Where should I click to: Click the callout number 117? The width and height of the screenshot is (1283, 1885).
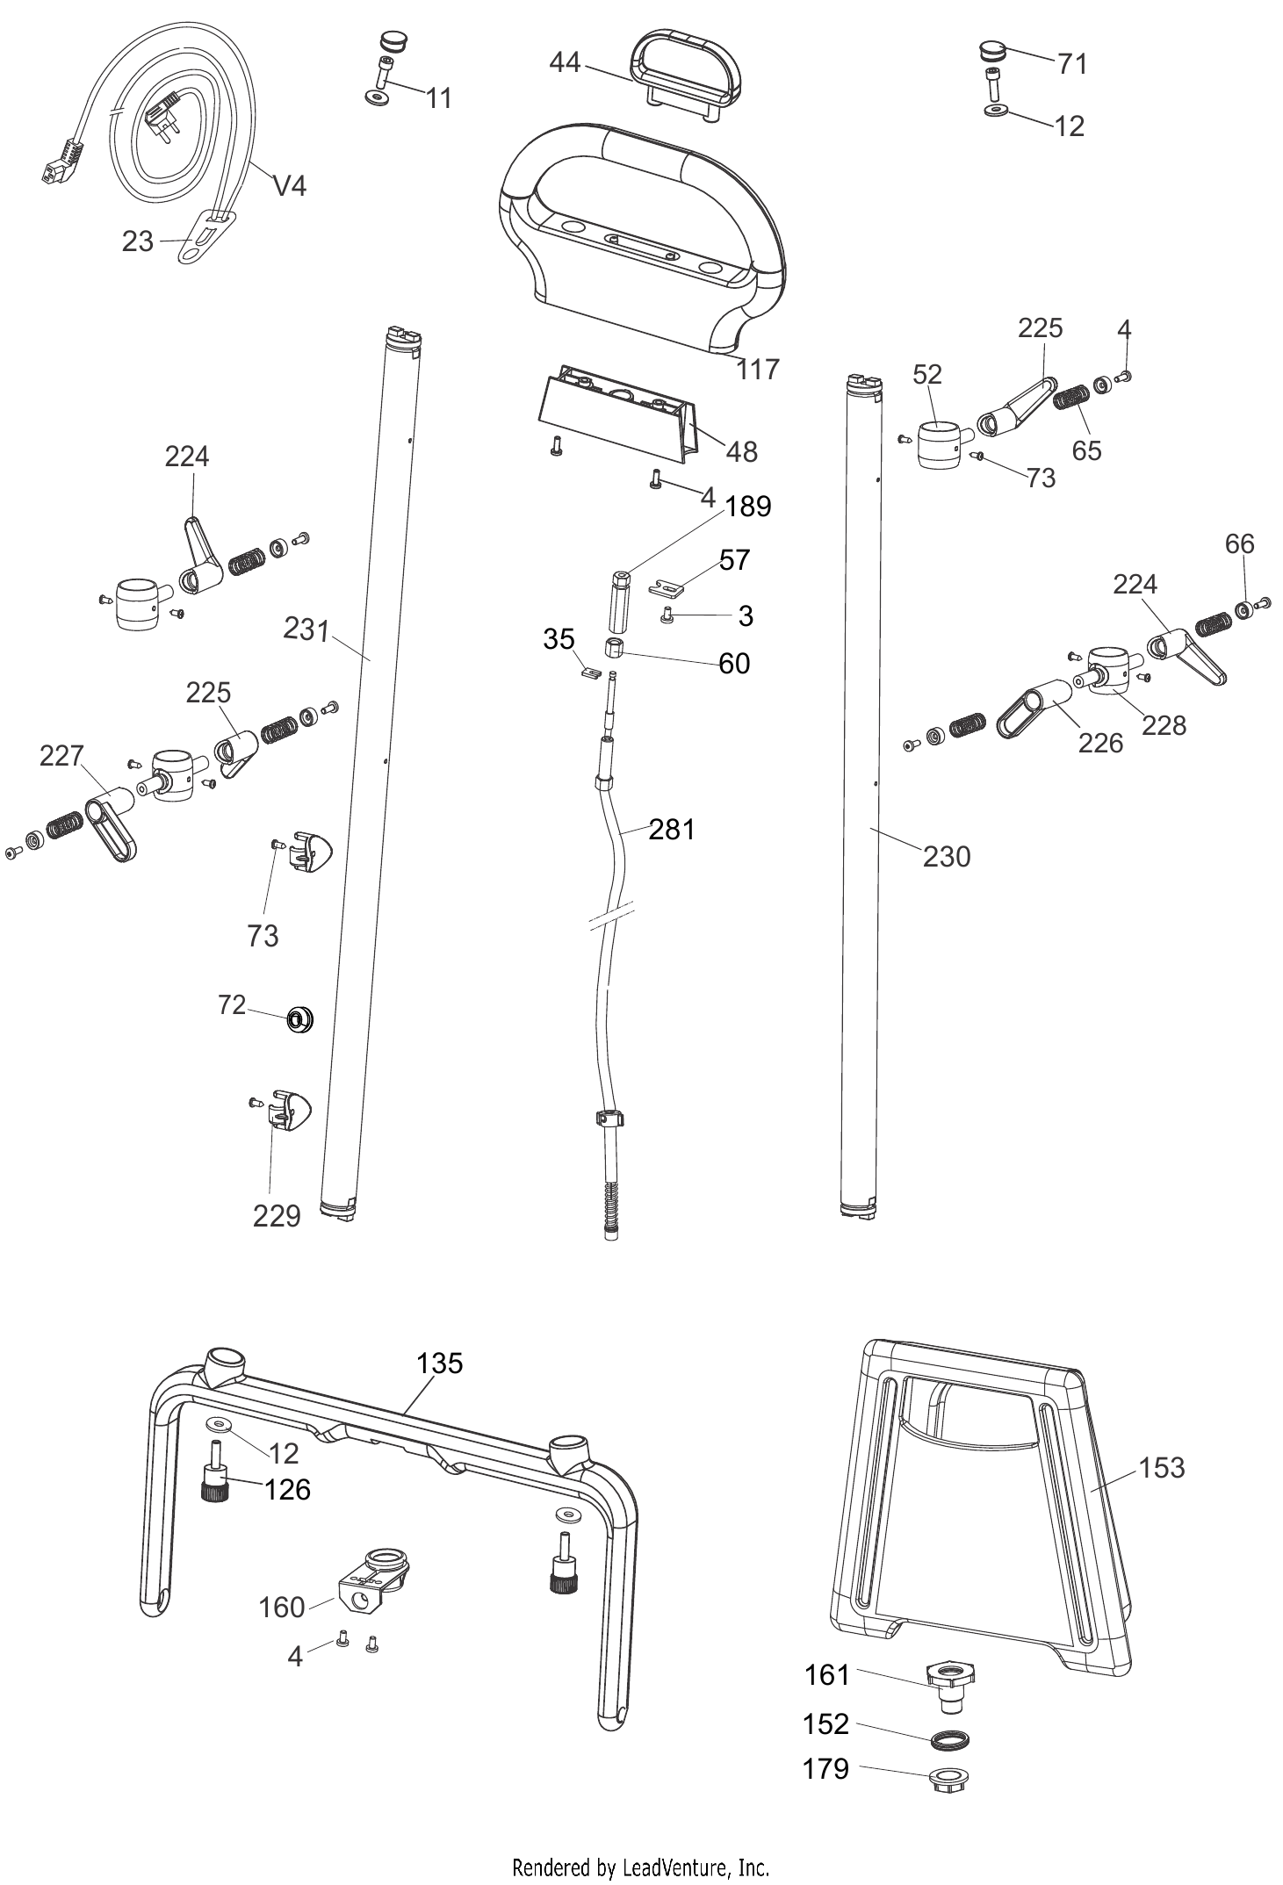(757, 370)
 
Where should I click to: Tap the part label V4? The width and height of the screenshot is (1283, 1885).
(290, 185)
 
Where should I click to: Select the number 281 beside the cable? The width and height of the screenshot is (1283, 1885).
(672, 829)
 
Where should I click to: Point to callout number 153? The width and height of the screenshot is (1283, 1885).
(1162, 1467)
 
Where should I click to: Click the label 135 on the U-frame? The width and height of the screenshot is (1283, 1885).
(439, 1363)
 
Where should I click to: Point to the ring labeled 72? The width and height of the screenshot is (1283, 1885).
(299, 1020)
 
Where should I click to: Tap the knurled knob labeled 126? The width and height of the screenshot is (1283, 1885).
(214, 1487)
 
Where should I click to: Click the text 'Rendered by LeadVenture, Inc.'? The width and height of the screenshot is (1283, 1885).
(640, 1867)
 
